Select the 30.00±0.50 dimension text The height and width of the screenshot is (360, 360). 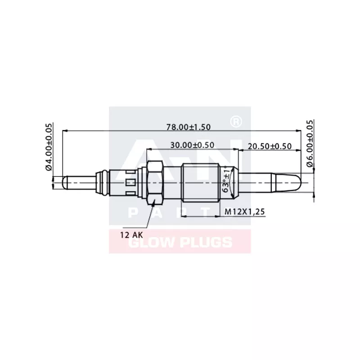click(x=192, y=145)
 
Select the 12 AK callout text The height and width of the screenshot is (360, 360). click(x=130, y=234)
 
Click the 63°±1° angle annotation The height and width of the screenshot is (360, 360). click(x=226, y=180)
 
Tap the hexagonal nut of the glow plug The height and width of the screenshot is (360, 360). click(x=154, y=182)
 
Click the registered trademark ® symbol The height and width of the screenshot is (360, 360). click(x=234, y=121)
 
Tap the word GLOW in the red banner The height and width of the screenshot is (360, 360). click(x=148, y=242)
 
